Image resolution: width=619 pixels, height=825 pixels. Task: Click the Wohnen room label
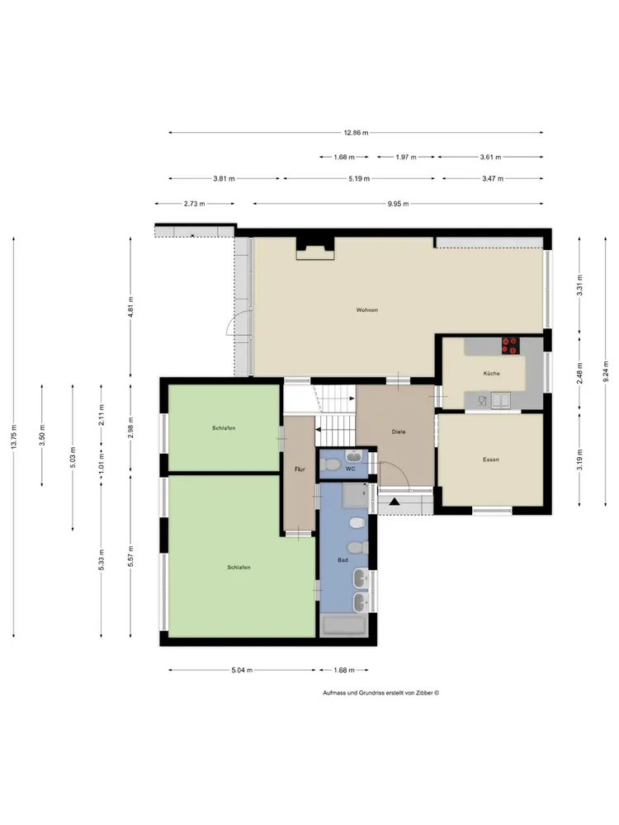pos(367,310)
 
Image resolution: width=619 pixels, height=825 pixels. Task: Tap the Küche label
pos(492,374)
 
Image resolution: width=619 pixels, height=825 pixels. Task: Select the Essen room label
pos(491,460)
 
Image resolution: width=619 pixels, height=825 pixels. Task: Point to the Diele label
pos(399,432)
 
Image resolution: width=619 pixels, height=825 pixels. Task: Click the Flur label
pos(300,469)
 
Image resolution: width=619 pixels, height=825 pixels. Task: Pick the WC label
pos(351,469)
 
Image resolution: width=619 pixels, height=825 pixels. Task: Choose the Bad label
pos(343,560)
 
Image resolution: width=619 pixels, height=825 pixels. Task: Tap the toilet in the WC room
pos(331,464)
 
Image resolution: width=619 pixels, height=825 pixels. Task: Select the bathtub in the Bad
pos(344,626)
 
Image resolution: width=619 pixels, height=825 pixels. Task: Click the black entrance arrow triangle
pos(395,501)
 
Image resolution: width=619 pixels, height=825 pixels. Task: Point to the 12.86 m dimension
pos(357,133)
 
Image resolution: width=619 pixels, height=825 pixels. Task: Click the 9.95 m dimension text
pos(399,204)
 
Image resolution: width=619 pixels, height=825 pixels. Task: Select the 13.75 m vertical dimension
pos(14,436)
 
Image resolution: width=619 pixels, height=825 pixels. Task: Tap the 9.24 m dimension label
pos(606,371)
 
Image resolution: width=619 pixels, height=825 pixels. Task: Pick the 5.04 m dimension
pos(242,670)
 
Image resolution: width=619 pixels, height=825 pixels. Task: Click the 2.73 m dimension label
pos(195,204)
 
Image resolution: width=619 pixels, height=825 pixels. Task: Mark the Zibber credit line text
pos(381,693)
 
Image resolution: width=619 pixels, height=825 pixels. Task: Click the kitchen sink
pos(501,400)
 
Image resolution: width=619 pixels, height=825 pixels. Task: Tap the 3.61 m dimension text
pos(490,157)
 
